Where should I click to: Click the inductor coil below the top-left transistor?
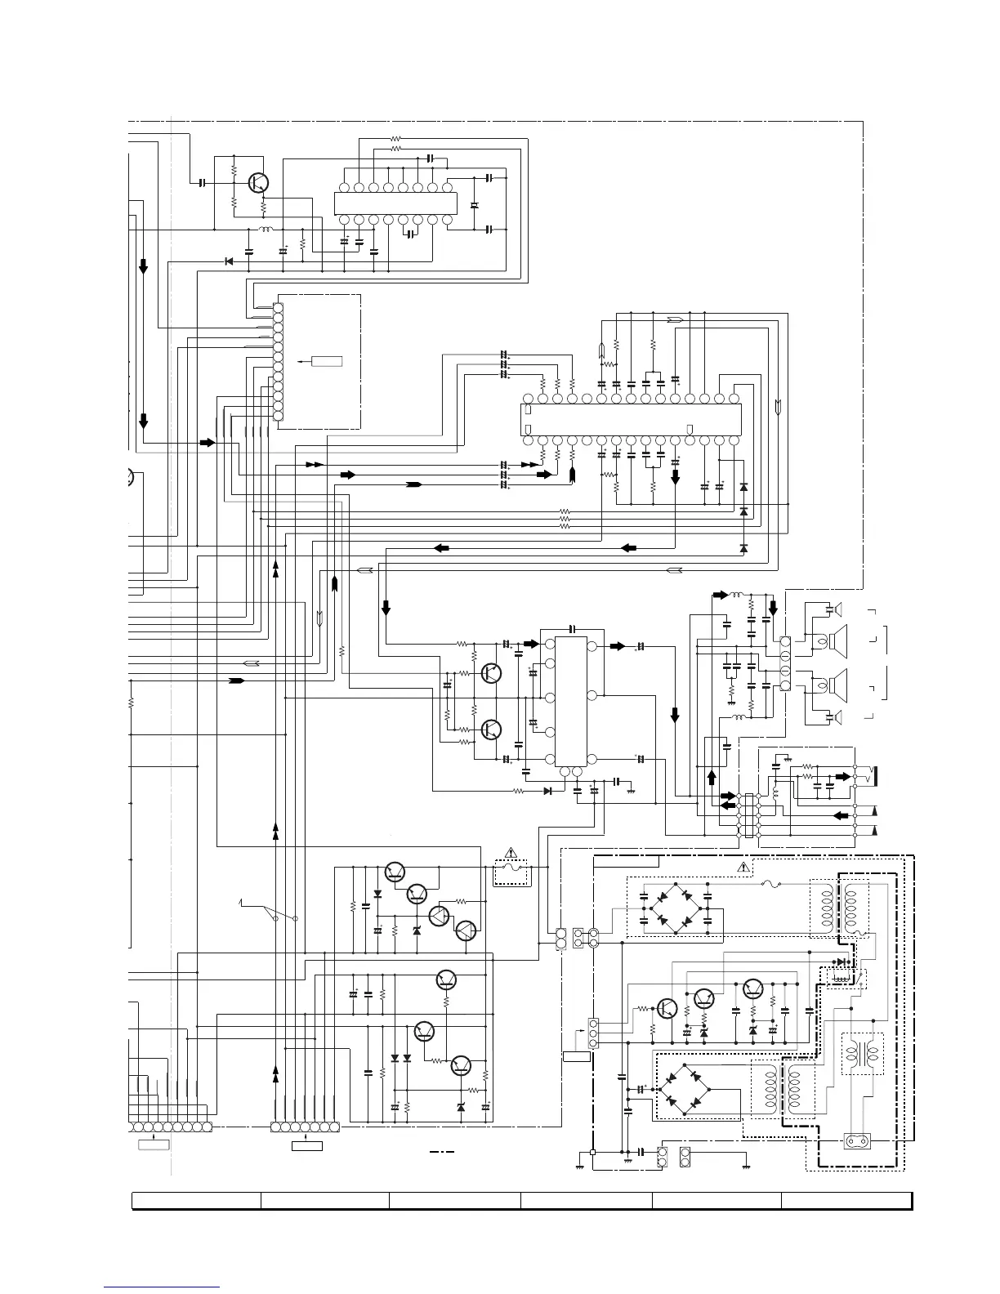[266, 230]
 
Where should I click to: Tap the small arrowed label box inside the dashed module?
[325, 360]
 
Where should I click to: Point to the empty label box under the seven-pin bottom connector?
[306, 1146]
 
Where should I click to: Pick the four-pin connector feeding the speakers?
[785, 663]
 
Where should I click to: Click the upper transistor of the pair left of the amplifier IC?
[492, 673]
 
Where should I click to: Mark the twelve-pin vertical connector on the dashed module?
[278, 361]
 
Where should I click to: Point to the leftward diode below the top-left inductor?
[228, 261]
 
